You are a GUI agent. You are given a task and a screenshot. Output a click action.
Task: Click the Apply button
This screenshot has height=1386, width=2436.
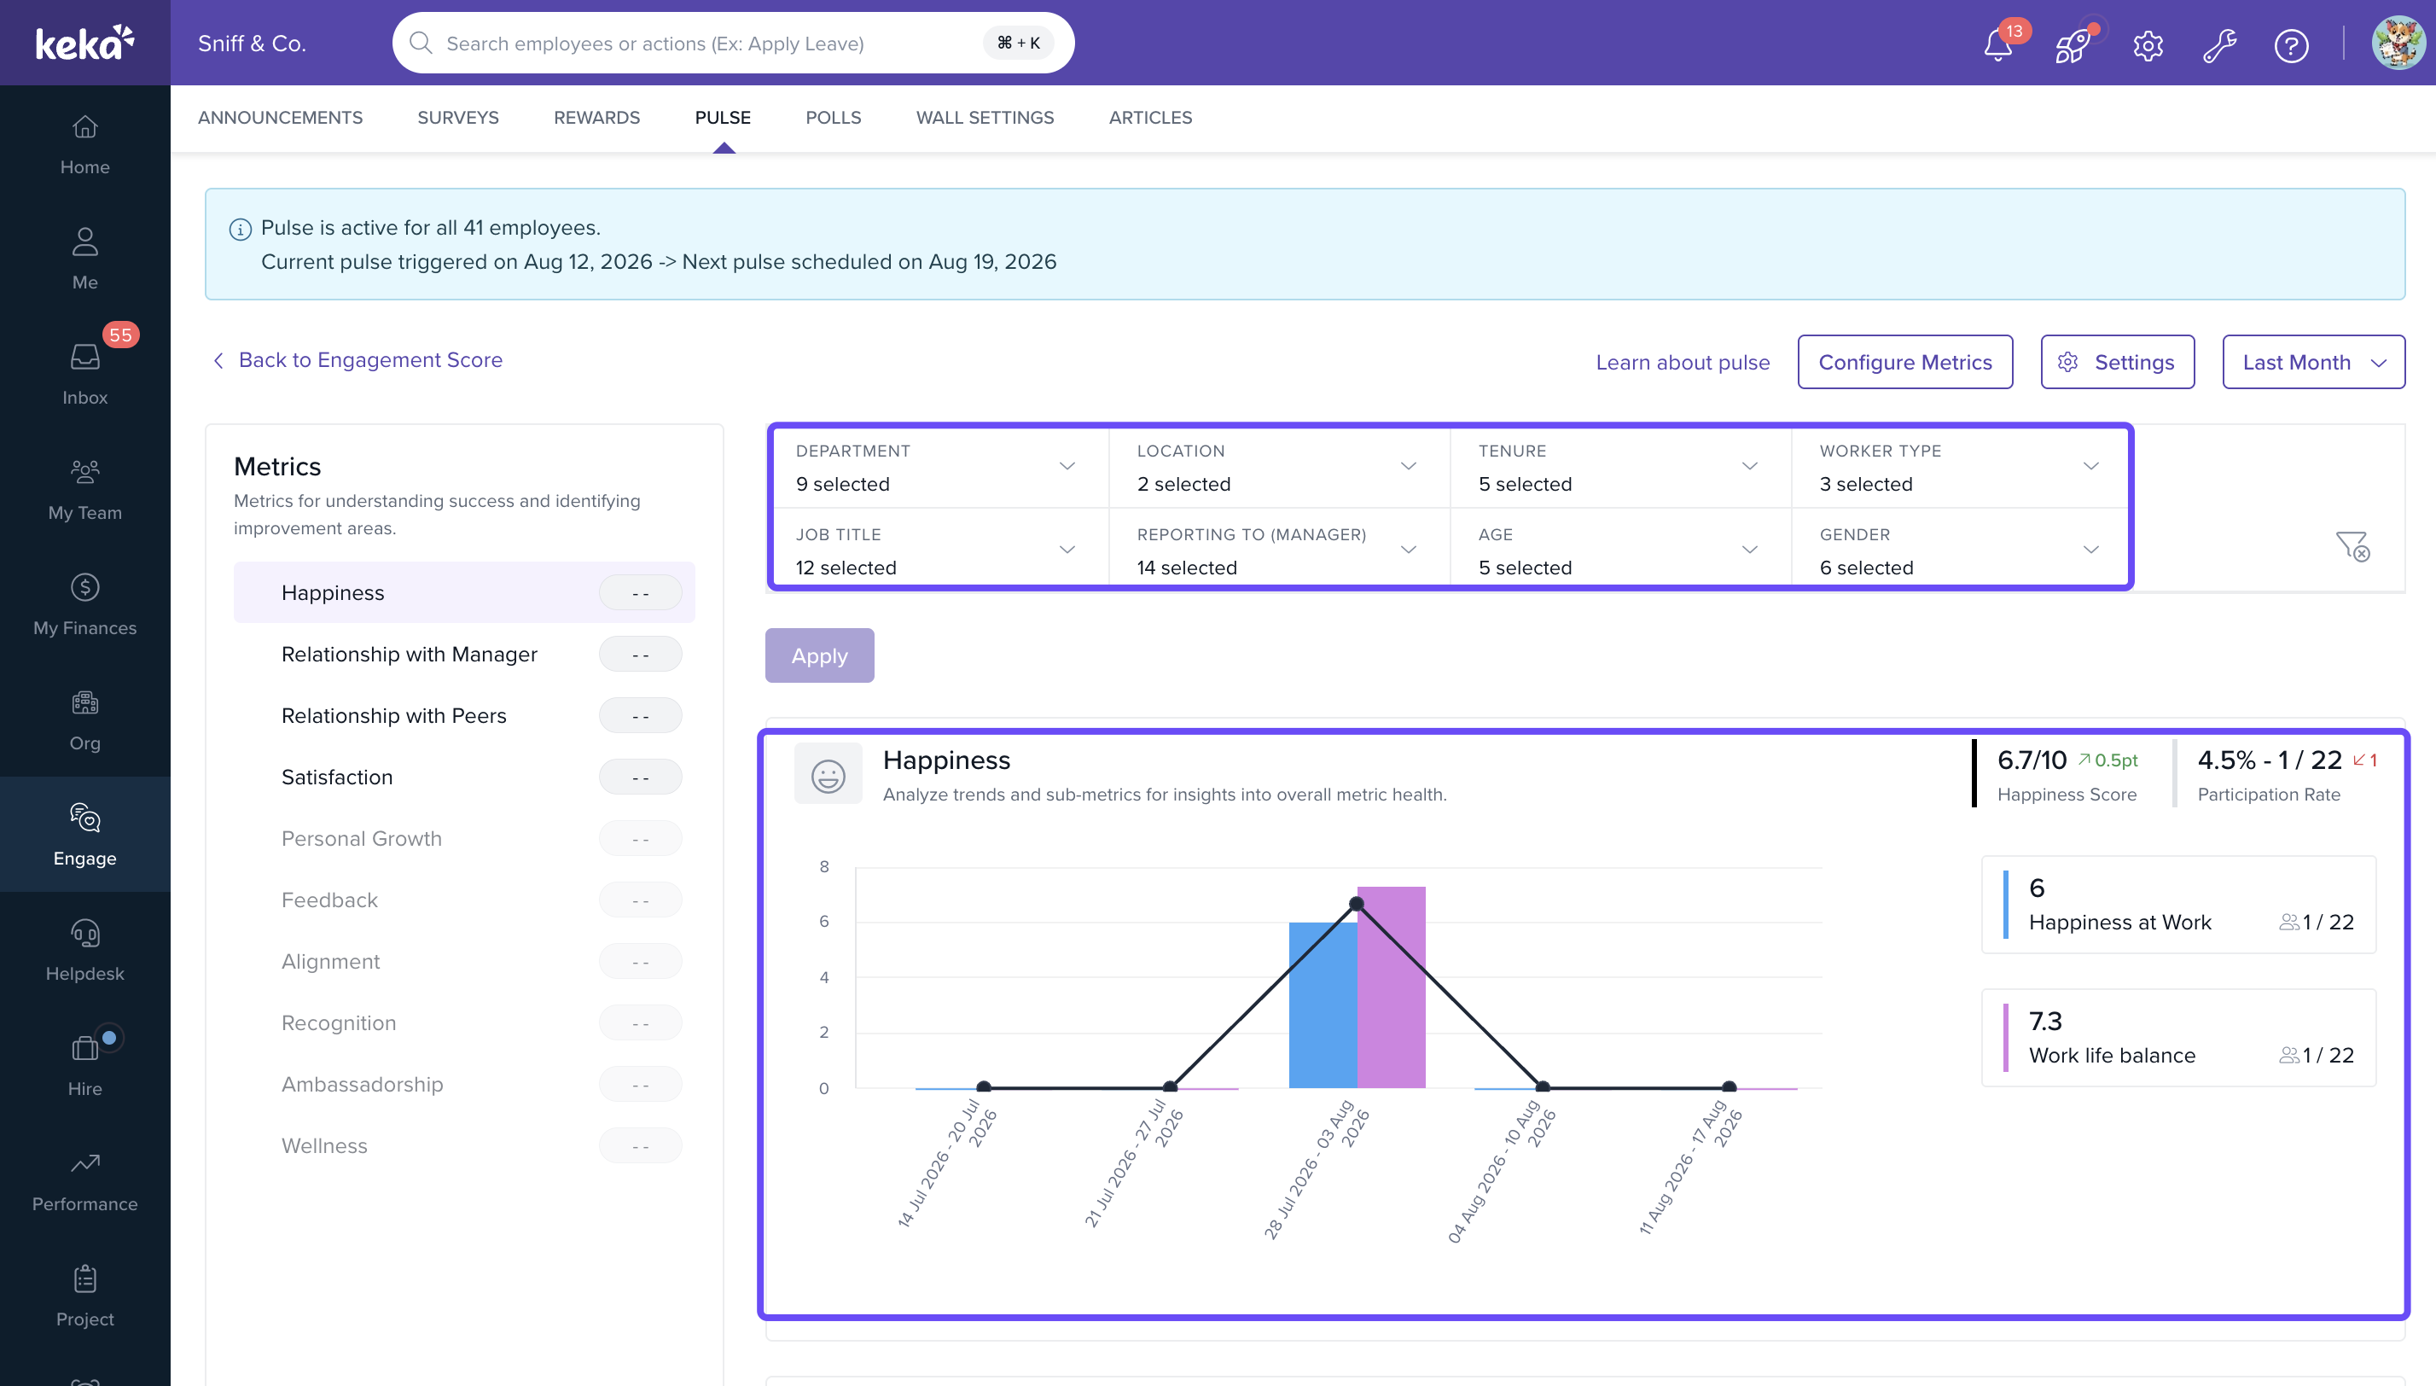(x=819, y=655)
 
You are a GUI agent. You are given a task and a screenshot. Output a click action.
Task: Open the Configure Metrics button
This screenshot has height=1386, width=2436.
(x=1905, y=362)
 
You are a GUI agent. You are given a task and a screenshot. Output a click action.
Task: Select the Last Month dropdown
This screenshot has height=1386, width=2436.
(x=2313, y=362)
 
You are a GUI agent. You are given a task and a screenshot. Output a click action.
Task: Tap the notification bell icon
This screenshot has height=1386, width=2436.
(x=1997, y=44)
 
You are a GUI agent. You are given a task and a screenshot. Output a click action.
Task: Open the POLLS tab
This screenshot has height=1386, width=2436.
(x=834, y=117)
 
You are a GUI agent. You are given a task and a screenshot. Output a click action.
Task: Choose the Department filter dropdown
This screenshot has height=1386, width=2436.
(x=939, y=468)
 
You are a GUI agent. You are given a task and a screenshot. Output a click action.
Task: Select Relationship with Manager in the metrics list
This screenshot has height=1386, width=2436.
(x=410, y=654)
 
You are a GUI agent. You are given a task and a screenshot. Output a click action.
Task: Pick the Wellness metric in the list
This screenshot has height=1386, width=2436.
(x=324, y=1145)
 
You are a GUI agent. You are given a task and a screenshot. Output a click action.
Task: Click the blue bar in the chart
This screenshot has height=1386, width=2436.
(x=1323, y=1005)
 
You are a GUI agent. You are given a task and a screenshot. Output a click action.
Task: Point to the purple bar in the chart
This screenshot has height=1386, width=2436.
(x=1391, y=987)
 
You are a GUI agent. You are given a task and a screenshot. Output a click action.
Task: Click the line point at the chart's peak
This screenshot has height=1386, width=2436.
(x=1357, y=903)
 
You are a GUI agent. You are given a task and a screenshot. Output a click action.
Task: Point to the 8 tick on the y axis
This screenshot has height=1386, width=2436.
(x=824, y=866)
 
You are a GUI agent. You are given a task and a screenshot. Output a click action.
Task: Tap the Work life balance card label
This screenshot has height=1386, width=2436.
(x=2113, y=1055)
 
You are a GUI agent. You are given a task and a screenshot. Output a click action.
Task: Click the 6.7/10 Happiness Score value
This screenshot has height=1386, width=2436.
(x=2032, y=760)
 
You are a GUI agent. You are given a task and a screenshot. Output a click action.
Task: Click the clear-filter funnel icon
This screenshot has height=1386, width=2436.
(x=2352, y=546)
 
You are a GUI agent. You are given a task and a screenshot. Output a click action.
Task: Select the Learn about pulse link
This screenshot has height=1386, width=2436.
(x=1683, y=362)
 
